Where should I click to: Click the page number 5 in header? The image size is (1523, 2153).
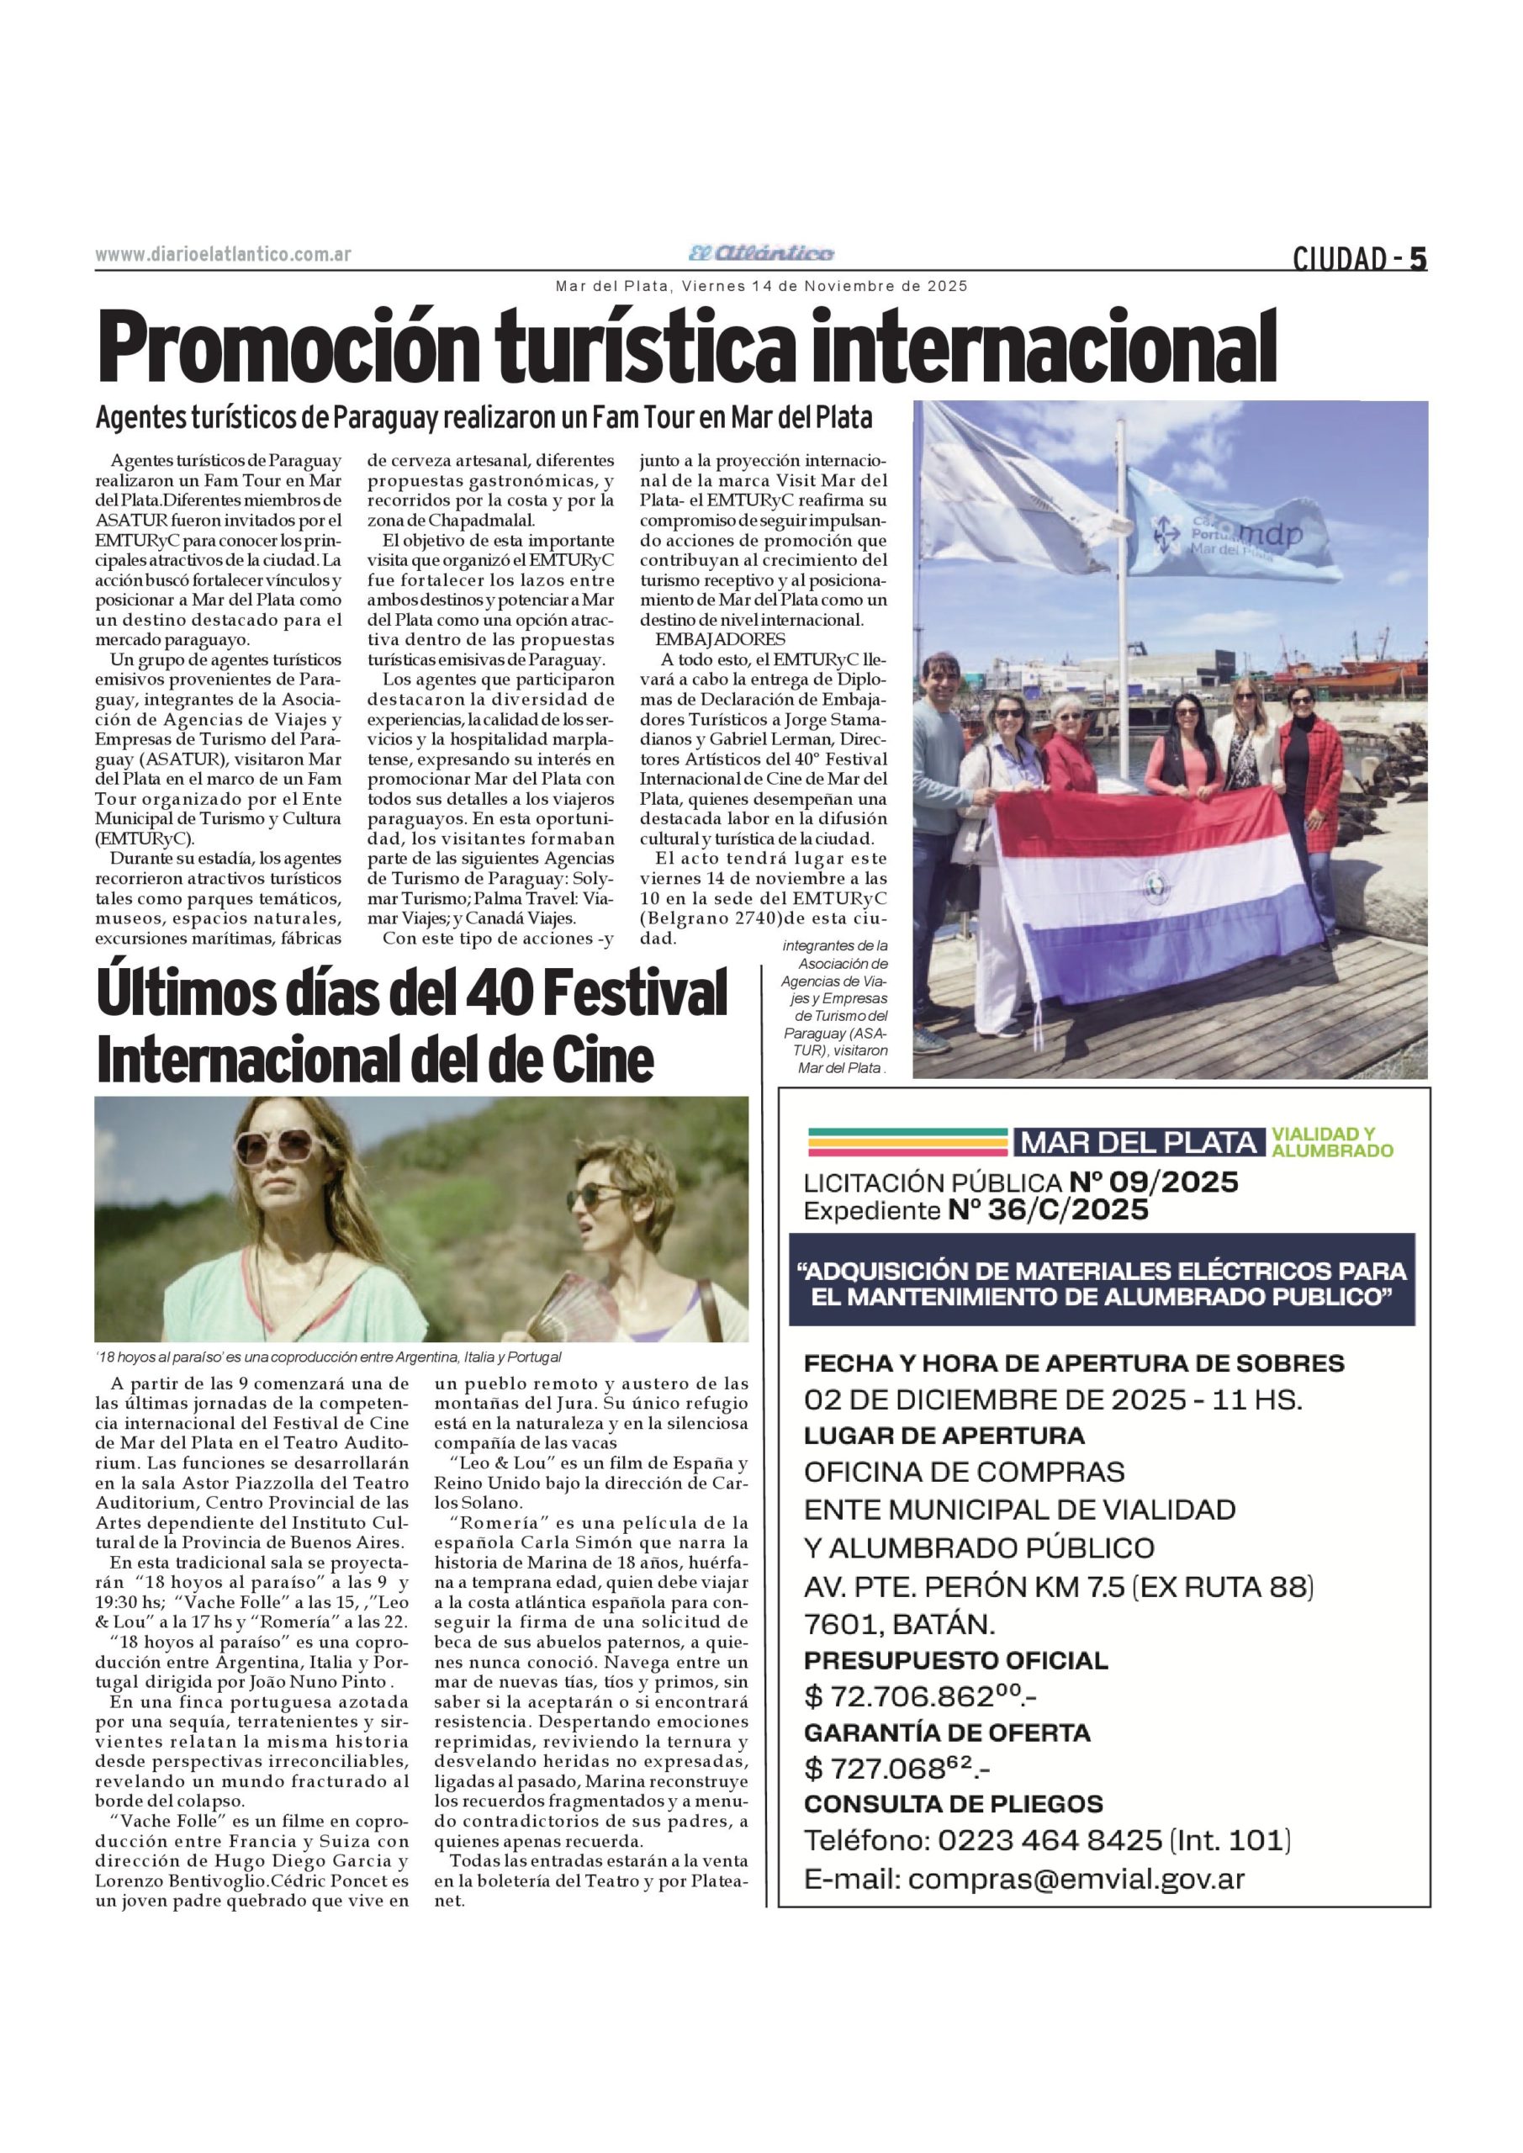(x=1417, y=258)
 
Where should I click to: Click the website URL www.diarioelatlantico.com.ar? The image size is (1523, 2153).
(x=223, y=254)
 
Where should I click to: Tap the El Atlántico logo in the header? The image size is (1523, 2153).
(x=760, y=253)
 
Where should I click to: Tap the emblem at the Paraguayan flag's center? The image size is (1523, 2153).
(x=1150, y=882)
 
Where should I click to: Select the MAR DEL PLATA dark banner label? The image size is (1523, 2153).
(x=1138, y=1142)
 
